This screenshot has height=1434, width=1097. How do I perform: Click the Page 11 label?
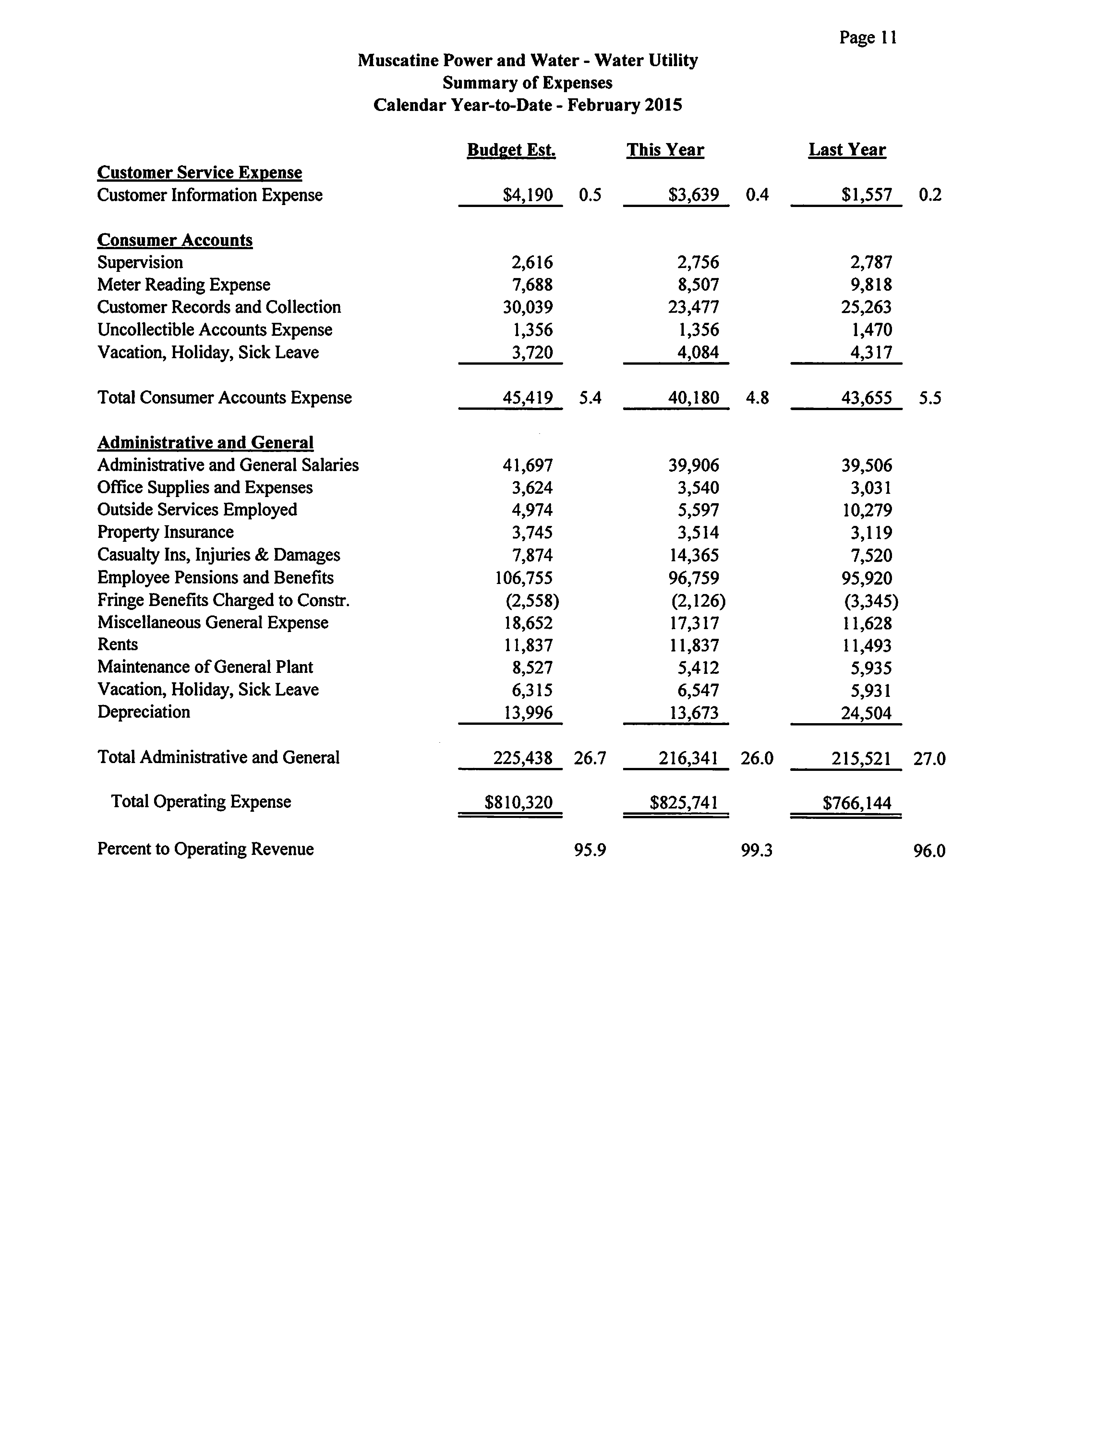tap(868, 38)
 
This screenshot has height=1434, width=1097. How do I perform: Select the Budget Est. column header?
tap(511, 150)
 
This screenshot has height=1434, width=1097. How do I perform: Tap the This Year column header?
tap(665, 150)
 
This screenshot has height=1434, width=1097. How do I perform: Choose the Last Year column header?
tap(847, 150)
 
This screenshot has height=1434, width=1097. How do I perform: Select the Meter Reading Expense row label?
tap(184, 285)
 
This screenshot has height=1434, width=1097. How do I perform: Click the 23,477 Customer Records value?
tap(693, 307)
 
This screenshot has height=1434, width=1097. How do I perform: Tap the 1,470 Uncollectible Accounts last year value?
tap(871, 330)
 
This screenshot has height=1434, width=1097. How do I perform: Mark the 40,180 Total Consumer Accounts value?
tap(693, 398)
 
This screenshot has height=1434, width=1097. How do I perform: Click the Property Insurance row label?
tap(165, 532)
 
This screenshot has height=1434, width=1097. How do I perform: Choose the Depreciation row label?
tap(144, 712)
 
